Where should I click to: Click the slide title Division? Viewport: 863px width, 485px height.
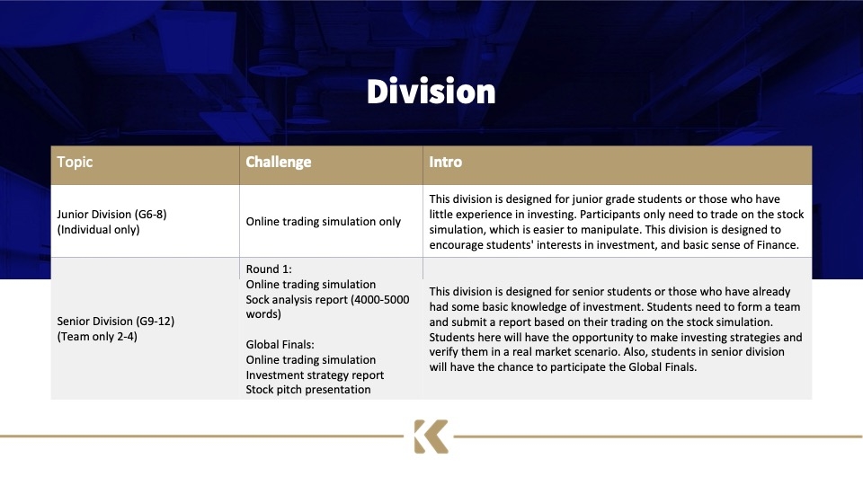(431, 92)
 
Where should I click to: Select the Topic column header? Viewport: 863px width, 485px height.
(75, 163)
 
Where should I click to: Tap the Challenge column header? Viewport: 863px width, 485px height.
(279, 163)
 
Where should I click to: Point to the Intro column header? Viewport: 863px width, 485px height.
(445, 163)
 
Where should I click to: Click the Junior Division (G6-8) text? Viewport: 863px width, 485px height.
(111, 215)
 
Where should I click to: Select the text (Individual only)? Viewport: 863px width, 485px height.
(99, 230)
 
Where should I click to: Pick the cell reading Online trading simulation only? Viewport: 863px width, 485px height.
(323, 222)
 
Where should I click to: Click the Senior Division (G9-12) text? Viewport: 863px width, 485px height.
(116, 322)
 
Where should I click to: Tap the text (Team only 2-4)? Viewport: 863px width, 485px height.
(97, 337)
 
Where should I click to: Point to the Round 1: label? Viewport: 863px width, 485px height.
(269, 269)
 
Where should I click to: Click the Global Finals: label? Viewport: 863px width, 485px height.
(280, 345)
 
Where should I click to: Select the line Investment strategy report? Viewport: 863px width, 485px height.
(315, 375)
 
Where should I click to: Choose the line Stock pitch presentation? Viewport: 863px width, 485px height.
(308, 390)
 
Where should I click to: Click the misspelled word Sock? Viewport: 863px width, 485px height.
(258, 300)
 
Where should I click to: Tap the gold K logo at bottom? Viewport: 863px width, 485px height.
(431, 436)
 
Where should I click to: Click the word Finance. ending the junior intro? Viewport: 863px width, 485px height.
(778, 245)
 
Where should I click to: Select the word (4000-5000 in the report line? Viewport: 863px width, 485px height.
(380, 300)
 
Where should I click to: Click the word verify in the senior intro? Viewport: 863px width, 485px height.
(445, 352)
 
